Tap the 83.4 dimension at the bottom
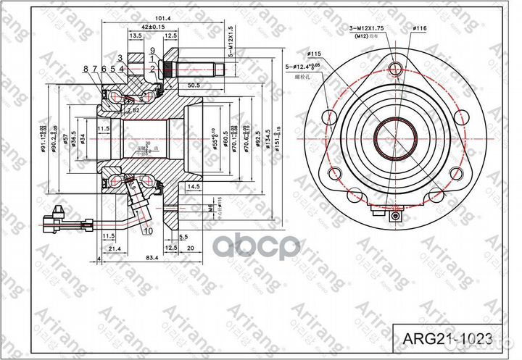(x=153, y=258)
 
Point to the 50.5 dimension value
(x=194, y=85)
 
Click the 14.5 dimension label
(x=193, y=186)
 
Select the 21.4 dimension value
(x=115, y=248)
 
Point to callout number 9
(x=153, y=51)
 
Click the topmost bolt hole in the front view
(x=394, y=69)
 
